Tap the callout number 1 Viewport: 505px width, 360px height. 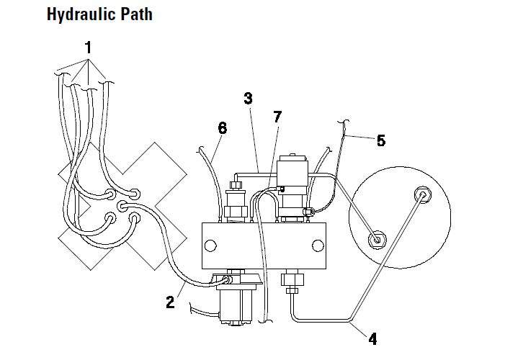click(88, 48)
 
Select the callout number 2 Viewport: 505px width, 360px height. click(170, 302)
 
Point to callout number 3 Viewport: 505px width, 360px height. click(248, 98)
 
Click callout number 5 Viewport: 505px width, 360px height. click(380, 140)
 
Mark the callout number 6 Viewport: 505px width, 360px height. click(222, 128)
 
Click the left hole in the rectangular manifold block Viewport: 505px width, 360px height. click(210, 245)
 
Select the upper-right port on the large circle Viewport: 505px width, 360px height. click(421, 194)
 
